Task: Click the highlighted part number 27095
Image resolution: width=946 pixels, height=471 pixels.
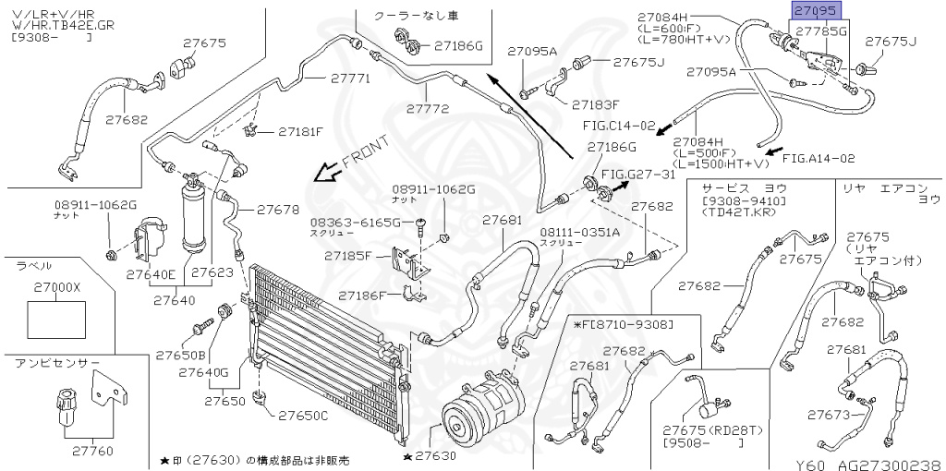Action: (x=813, y=12)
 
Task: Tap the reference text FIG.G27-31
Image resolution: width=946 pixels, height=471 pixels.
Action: (x=638, y=174)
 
